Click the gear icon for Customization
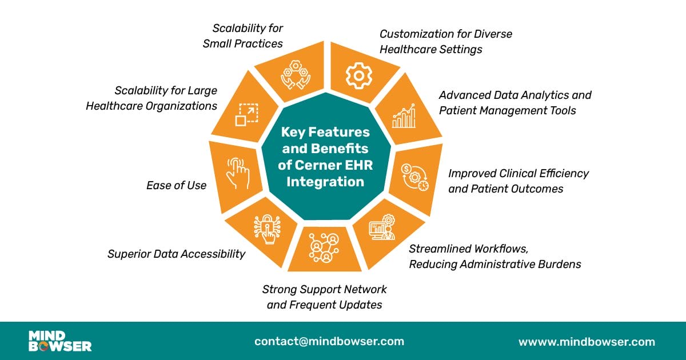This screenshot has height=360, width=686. click(359, 75)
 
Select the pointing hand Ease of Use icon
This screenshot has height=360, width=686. click(238, 173)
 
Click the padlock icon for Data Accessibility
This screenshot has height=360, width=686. click(268, 229)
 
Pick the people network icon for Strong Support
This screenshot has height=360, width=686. click(324, 247)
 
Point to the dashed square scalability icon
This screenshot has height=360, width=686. click(246, 115)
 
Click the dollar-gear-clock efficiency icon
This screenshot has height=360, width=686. click(415, 178)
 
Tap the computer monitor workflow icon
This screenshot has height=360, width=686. click(382, 227)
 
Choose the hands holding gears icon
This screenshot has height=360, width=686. click(296, 75)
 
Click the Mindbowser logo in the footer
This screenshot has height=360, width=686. click(60, 341)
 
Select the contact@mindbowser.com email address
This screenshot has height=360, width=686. click(329, 341)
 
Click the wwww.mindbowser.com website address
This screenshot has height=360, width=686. click(587, 342)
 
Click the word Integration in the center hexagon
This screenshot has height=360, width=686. click(325, 182)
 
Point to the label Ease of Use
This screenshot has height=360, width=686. click(176, 185)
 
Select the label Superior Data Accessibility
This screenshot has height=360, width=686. click(176, 254)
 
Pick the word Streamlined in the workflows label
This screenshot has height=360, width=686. click(441, 249)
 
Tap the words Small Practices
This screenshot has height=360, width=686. click(242, 43)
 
